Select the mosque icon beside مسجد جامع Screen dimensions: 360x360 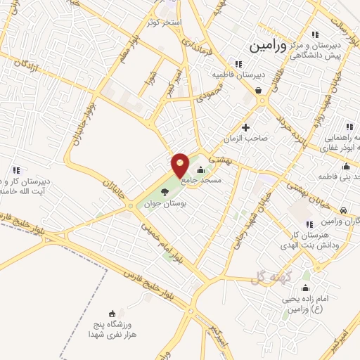coord(202,169)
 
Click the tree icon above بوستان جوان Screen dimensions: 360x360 coord(165,192)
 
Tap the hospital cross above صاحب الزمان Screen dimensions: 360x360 coord(245,127)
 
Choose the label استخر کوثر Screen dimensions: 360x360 coord(164,23)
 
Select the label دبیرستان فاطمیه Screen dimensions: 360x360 coord(240,74)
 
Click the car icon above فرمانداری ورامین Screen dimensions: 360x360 coord(342,210)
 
